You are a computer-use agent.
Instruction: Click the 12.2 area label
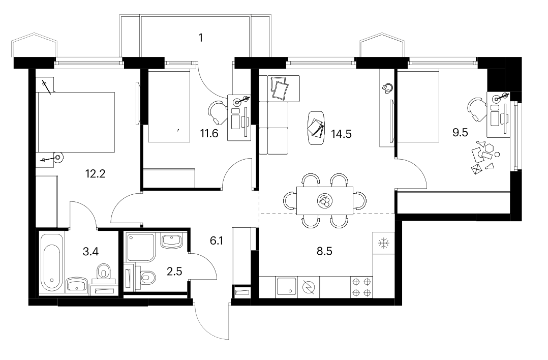[96, 174]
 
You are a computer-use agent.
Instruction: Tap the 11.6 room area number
[209, 133]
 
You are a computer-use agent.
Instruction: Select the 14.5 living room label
[342, 134]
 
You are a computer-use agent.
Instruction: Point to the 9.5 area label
[460, 133]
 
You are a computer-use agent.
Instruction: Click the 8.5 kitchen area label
[324, 251]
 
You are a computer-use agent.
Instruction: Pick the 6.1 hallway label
[217, 241]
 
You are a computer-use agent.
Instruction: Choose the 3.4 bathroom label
[90, 251]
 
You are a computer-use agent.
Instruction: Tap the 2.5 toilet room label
[174, 271]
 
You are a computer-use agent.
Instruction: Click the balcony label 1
[201, 38]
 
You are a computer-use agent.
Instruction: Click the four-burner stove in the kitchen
[362, 287]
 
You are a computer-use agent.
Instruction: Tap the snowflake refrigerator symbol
[383, 243]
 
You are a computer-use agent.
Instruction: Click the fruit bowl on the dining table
[325, 201]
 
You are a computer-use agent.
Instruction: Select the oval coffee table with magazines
[316, 127]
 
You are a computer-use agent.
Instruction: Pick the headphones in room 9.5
[387, 88]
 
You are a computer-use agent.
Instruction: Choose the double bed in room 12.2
[76, 123]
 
